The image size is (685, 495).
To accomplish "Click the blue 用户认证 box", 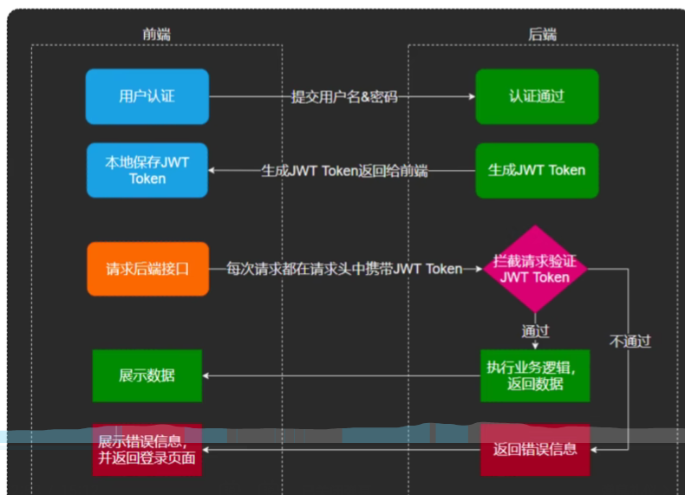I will (x=147, y=96).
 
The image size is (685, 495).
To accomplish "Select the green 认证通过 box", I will (x=537, y=96).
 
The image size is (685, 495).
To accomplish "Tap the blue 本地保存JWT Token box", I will (x=147, y=170).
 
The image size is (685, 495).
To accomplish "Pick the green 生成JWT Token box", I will (x=537, y=170).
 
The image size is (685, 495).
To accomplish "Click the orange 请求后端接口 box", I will (x=147, y=269).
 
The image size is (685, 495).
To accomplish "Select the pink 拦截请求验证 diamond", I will (x=535, y=269).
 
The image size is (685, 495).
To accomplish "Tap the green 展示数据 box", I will (x=147, y=375).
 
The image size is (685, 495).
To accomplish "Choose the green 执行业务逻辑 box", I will (x=535, y=375).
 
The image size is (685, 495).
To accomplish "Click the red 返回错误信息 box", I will (x=535, y=449).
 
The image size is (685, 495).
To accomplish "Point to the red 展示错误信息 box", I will (x=147, y=449).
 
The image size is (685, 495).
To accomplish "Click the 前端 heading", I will (x=157, y=34).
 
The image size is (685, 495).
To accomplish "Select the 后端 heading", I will (x=543, y=34).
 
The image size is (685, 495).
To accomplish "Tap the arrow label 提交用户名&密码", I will (x=344, y=96).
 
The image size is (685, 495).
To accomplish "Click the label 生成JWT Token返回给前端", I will (x=344, y=171).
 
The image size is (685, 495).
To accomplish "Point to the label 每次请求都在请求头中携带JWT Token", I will (x=344, y=269).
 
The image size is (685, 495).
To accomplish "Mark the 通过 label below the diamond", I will (x=535, y=330).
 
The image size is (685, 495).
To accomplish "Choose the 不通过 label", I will (x=630, y=341).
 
